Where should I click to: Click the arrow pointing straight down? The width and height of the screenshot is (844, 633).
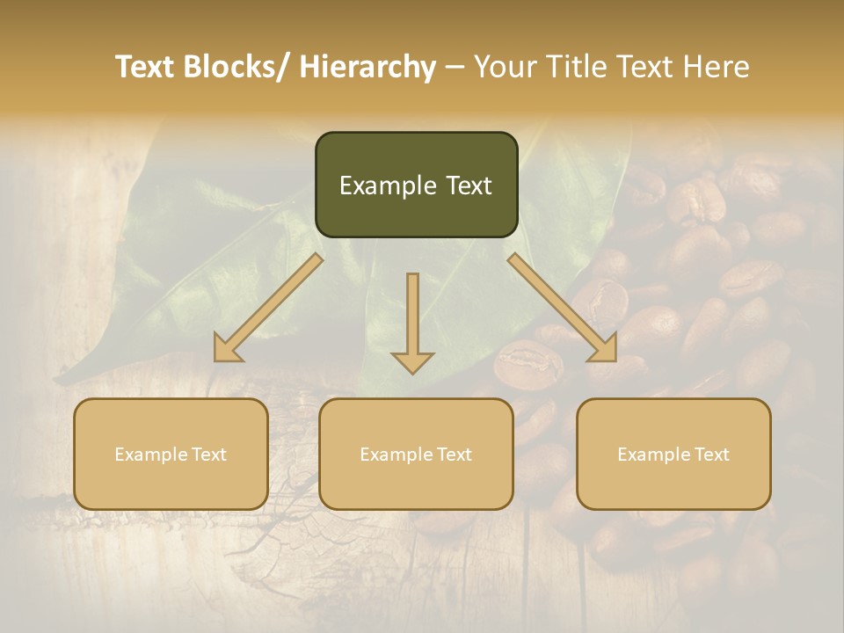tap(412, 321)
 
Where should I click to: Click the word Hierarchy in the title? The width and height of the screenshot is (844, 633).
tap(367, 67)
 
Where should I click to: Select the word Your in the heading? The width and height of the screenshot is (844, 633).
tap(504, 67)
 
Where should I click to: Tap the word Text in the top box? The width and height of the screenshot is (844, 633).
tap(469, 186)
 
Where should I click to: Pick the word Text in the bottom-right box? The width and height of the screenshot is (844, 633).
tap(711, 455)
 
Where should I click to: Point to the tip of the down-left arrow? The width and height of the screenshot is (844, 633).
tap(216, 360)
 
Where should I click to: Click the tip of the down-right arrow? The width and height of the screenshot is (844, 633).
tap(615, 360)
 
